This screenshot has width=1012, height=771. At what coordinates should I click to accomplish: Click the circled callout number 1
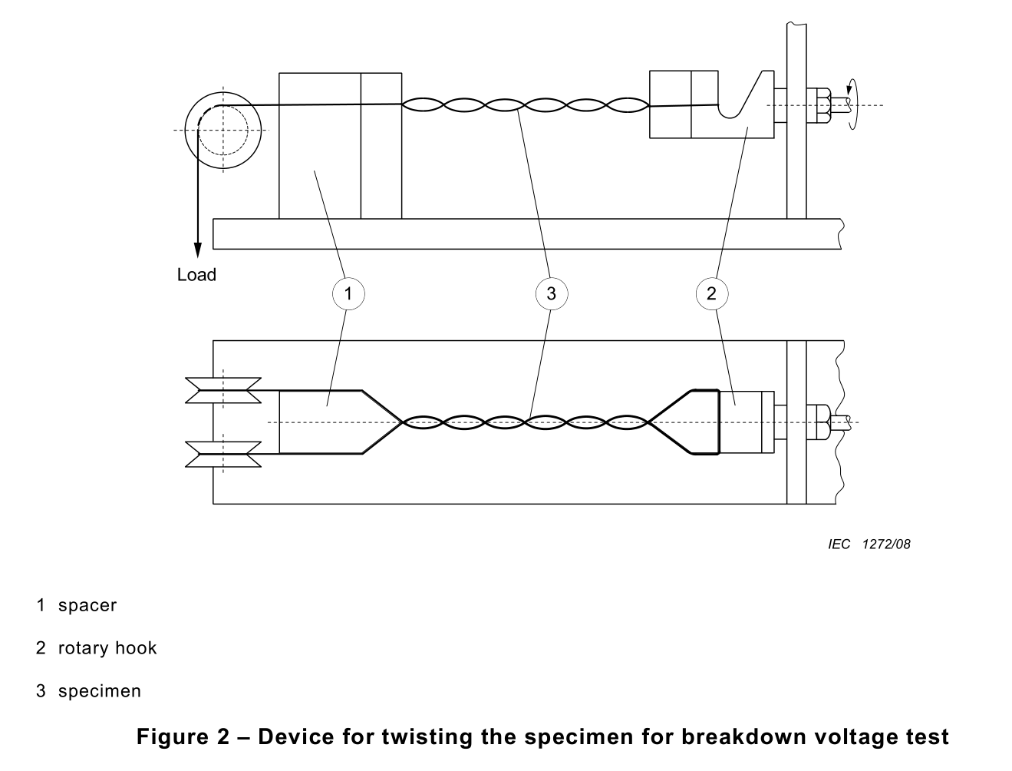348,293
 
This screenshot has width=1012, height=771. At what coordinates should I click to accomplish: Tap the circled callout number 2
711,293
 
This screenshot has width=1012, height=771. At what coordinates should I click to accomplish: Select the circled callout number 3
551,293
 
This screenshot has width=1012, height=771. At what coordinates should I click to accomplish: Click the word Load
196,275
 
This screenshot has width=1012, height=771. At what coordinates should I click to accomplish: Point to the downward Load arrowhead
198,250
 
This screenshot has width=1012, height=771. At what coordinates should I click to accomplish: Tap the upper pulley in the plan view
223,390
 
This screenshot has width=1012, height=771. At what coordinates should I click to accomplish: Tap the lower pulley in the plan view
223,454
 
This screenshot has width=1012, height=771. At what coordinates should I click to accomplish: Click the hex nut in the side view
819,105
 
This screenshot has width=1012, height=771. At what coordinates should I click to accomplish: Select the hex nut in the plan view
819,422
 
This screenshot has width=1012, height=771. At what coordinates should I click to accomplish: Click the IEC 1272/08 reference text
869,544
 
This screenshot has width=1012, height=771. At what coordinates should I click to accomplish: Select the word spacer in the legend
87,605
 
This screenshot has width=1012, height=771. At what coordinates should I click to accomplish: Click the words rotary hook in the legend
107,648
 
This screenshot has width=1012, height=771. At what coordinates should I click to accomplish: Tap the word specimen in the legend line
100,691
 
